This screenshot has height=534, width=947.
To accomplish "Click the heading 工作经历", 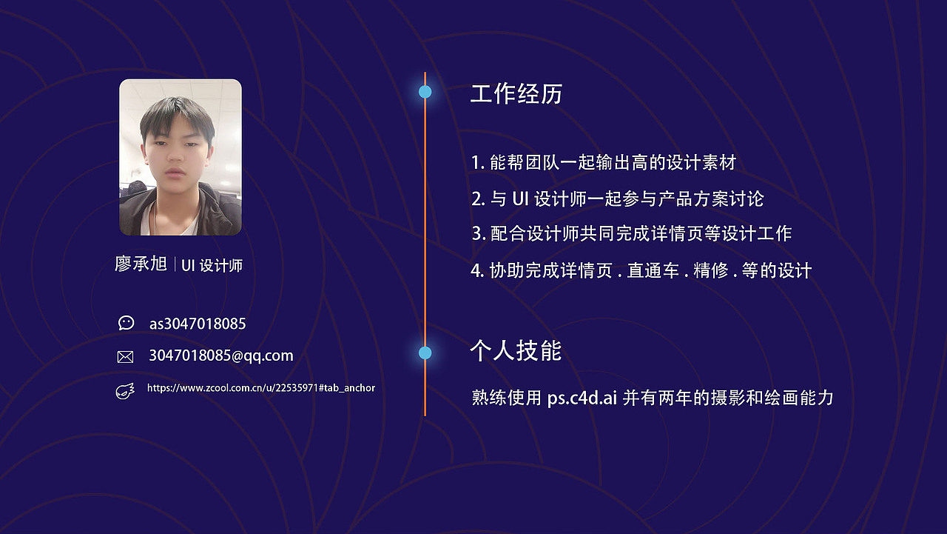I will point(516,94).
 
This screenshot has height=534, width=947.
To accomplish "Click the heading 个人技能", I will point(516,350).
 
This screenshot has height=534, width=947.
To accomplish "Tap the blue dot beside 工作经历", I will point(425,92).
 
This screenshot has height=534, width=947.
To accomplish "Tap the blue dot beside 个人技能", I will point(425,353).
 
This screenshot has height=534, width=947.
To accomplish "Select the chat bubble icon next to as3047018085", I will point(126,323).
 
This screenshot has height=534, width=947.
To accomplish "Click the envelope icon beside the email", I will point(125,356).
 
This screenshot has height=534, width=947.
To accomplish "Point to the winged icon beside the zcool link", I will point(125,390).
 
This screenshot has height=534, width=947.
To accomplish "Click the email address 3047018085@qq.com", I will point(220,356).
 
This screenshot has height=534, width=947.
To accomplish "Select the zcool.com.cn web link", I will point(260,388).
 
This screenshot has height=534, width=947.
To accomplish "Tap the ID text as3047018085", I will point(197,324).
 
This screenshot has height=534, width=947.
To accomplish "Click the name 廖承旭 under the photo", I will point(141,264).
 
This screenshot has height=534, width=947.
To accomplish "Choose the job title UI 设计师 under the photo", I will point(212,265).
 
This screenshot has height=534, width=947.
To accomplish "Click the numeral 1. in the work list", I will point(477,162).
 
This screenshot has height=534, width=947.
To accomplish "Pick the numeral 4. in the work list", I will point(477,270).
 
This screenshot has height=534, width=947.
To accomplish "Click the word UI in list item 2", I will point(519,198).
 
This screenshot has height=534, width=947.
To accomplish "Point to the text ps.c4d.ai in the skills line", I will point(582,398).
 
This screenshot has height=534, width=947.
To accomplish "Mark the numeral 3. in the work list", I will point(478,234).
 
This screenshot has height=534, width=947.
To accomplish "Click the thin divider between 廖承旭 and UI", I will point(175,264).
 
